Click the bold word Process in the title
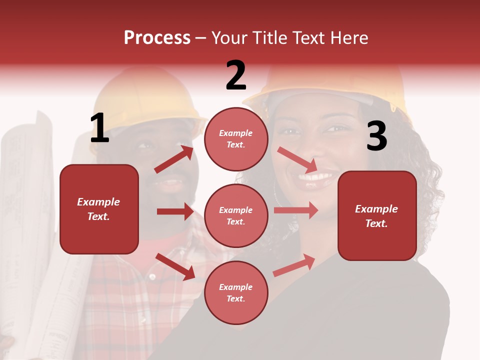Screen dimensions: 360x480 pyautogui.click(x=157, y=38)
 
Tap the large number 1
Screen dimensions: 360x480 pyautogui.click(x=99, y=128)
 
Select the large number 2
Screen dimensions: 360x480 pyautogui.click(x=236, y=75)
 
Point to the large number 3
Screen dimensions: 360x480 pyautogui.click(x=376, y=136)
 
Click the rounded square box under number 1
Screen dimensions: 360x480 pyautogui.click(x=99, y=209)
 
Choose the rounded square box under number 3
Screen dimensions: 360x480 pyautogui.click(x=377, y=215)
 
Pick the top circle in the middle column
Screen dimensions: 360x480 pyautogui.click(x=236, y=139)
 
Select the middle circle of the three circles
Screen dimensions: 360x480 pyautogui.click(x=236, y=215)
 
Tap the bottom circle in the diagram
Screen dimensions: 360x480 pyautogui.click(x=236, y=292)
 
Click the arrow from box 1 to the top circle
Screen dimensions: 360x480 pyautogui.click(x=174, y=159)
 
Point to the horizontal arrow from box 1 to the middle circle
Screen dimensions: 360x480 pyautogui.click(x=175, y=211)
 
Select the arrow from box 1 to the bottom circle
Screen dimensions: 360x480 pyautogui.click(x=175, y=266)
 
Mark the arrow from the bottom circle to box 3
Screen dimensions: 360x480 pyautogui.click(x=294, y=265)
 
